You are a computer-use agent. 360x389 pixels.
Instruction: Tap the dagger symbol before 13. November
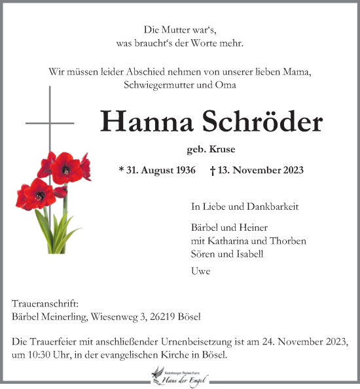(x=213, y=170)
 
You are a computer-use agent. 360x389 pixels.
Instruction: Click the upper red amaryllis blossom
(x=66, y=167)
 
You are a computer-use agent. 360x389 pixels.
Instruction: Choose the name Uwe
(x=200, y=271)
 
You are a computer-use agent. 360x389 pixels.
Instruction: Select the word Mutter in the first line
(x=174, y=29)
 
